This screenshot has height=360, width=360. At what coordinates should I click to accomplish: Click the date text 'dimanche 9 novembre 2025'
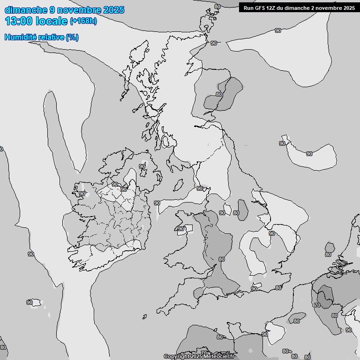[x=64, y=10]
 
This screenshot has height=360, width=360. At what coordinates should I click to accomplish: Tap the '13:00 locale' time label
[x=36, y=21]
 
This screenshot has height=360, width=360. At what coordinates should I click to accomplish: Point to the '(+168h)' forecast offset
[x=83, y=21]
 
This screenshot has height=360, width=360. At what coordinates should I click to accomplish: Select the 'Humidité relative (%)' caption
[x=41, y=37]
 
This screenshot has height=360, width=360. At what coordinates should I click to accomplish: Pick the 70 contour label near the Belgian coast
[x=317, y=305]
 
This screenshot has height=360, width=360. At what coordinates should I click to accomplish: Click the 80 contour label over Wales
[x=222, y=259]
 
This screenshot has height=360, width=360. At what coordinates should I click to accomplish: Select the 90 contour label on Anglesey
[x=181, y=229]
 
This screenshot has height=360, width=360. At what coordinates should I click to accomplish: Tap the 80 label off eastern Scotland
[x=219, y=94]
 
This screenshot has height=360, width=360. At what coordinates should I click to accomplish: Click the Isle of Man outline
[x=179, y=185]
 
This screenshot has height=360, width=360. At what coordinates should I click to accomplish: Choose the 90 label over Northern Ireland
[x=142, y=166]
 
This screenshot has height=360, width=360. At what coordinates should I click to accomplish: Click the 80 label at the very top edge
[x=217, y=7]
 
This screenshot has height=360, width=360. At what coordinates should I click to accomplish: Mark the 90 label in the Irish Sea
[x=157, y=203]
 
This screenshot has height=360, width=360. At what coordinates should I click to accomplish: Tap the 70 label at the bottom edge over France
[x=204, y=352]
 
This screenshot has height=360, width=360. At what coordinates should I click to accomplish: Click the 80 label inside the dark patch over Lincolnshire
[x=236, y=213]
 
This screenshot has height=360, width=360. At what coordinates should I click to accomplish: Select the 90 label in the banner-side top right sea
[x=278, y=30]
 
